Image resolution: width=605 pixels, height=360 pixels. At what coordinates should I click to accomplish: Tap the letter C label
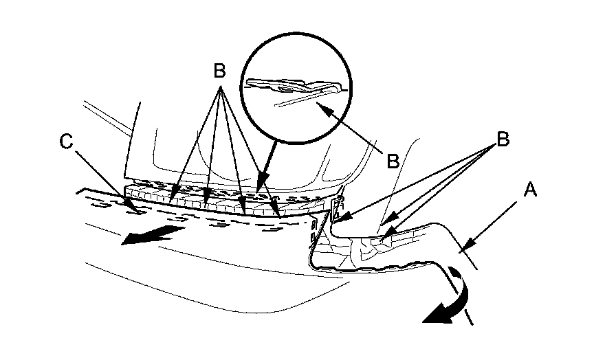[x=67, y=142]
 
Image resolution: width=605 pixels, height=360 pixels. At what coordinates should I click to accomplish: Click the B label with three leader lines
[x=503, y=139]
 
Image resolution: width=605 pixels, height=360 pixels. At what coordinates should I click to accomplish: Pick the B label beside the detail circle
[x=393, y=161]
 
